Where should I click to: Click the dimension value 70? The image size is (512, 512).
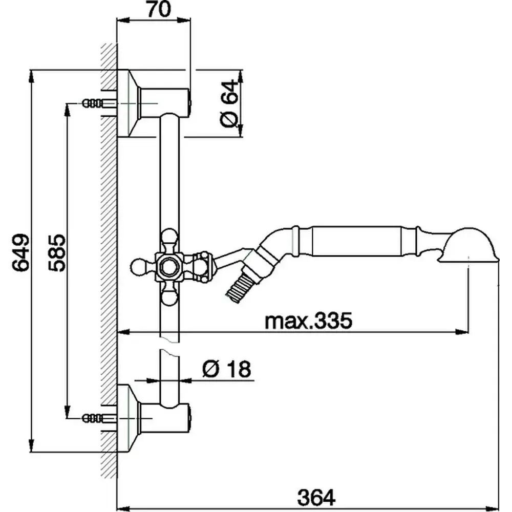pyautogui.click(x=159, y=9)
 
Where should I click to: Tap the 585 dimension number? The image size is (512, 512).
pyautogui.click(x=57, y=252)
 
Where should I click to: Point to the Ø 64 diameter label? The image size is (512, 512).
pyautogui.click(x=229, y=103)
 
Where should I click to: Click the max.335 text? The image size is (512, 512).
pyautogui.click(x=309, y=321)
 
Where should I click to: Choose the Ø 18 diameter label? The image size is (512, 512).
pyautogui.click(x=227, y=369)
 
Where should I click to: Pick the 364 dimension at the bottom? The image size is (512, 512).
pyautogui.click(x=316, y=498)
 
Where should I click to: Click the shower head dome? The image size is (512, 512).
pyautogui.click(x=469, y=245)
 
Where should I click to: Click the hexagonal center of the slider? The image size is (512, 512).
pyautogui.click(x=169, y=266)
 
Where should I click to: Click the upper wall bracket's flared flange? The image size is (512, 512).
pyautogui.click(x=129, y=103)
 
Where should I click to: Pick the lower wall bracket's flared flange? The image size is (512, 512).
pyautogui.click(x=129, y=418)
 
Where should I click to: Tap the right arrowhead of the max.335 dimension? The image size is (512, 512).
pyautogui.click(x=461, y=332)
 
